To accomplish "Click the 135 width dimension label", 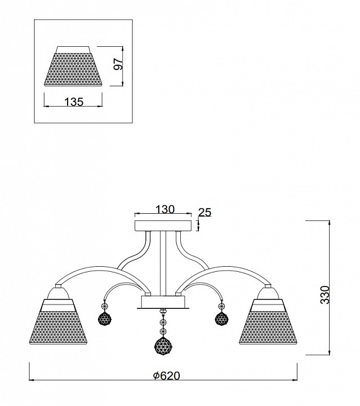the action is click(x=74, y=101).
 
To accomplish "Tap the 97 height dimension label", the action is click(x=118, y=64).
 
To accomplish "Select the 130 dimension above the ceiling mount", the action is click(x=165, y=209).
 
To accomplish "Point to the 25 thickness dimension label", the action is click(x=205, y=213).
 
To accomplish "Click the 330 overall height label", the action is click(x=325, y=295).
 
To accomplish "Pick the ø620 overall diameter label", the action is click(x=166, y=376).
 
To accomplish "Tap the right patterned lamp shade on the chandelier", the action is click(x=268, y=322).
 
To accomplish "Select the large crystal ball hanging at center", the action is click(x=163, y=346).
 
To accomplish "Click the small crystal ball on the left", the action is click(x=105, y=318).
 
